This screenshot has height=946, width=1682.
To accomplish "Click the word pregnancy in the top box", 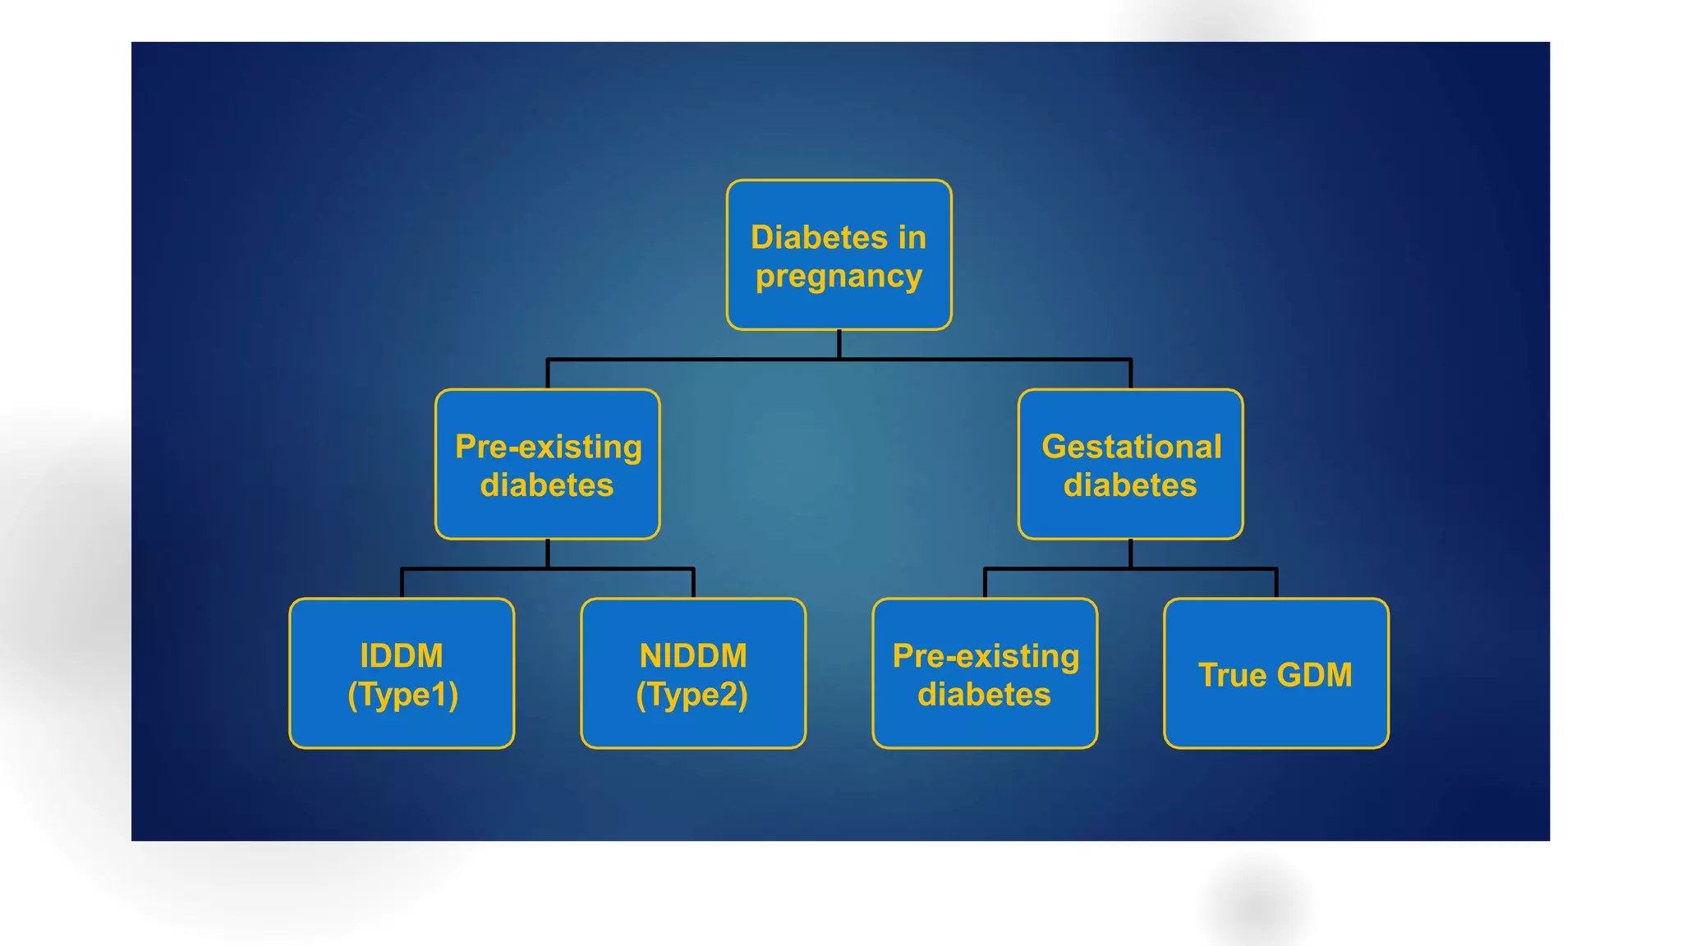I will pos(839,277).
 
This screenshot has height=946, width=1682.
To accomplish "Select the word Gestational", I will pos(1131,447).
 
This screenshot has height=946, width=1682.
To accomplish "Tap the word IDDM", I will pos(402,656).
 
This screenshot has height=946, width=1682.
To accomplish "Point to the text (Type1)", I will pos(402,695).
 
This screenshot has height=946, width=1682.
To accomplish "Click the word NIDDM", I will pos(693,656).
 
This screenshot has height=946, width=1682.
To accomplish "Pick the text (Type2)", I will pos(692,695).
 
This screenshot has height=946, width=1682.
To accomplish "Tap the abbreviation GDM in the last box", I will pos(1314,675).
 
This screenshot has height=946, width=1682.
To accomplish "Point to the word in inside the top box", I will pos(912,237).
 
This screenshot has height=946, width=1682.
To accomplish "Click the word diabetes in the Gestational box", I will pos(1130,485).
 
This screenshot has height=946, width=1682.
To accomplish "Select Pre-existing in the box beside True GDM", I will pos(986,656).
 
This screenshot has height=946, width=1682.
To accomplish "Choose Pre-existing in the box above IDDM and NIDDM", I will pos(549,447).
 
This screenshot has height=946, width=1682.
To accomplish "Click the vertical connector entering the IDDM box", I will pos(402,584).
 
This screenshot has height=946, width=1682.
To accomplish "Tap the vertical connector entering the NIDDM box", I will pos(693,584).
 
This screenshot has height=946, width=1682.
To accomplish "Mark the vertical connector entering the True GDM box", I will pos(1276,584).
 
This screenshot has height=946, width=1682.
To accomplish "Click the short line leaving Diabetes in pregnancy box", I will pos(839,344).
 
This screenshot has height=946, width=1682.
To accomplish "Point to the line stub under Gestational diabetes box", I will pos(1130,553).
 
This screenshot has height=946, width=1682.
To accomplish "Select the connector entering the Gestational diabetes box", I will pos(1130,374).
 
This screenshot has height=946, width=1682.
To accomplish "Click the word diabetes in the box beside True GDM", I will pos(984,695).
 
